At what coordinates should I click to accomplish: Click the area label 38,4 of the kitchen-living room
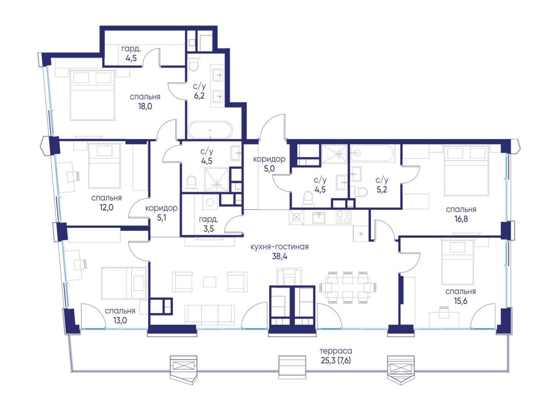279,256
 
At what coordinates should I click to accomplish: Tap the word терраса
336,351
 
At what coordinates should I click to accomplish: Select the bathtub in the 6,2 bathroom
210,130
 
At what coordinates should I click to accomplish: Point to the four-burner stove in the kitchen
344,217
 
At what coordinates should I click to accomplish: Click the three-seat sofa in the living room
210,315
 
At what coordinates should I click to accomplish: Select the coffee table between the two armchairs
210,282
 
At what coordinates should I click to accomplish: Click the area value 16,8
461,219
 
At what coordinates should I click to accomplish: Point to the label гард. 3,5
208,224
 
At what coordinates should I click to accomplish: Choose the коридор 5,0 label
269,164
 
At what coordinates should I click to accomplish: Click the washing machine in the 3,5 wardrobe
210,203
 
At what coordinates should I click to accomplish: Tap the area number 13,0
120,321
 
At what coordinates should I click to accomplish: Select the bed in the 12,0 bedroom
105,166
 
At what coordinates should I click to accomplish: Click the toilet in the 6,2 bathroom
194,64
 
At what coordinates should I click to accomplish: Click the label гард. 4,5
131,53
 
